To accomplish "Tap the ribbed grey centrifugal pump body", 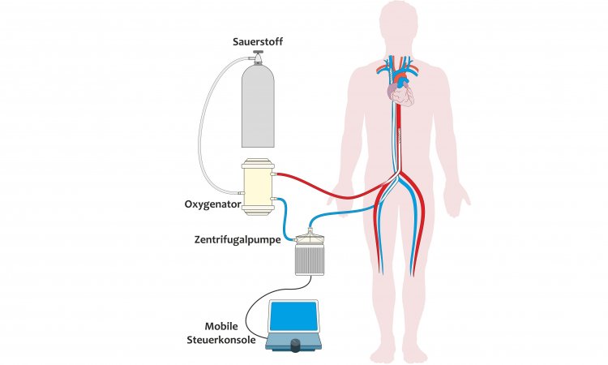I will tap(308, 260).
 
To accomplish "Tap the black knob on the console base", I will tap(293, 346).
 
